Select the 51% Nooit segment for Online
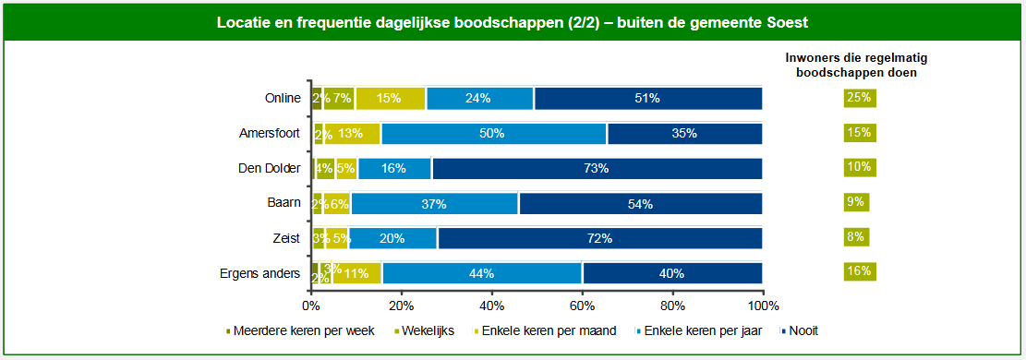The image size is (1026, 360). click(648, 99)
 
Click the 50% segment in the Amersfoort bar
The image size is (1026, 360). click(493, 134)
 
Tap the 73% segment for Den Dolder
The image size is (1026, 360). click(597, 168)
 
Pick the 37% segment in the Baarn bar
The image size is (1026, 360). click(434, 203)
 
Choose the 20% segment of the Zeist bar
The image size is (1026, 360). click(392, 238)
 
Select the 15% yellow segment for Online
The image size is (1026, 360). click(390, 99)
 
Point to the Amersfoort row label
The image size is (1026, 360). click(270, 134)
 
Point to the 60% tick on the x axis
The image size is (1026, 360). click(582, 305)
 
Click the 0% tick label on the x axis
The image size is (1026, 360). click(311, 305)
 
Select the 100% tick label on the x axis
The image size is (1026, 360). click(763, 305)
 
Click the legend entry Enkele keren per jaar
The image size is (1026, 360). click(702, 330)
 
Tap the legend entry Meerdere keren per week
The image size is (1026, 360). click(300, 330)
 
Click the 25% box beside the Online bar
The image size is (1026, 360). click(858, 98)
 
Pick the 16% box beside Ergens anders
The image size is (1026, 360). click(858, 271)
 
